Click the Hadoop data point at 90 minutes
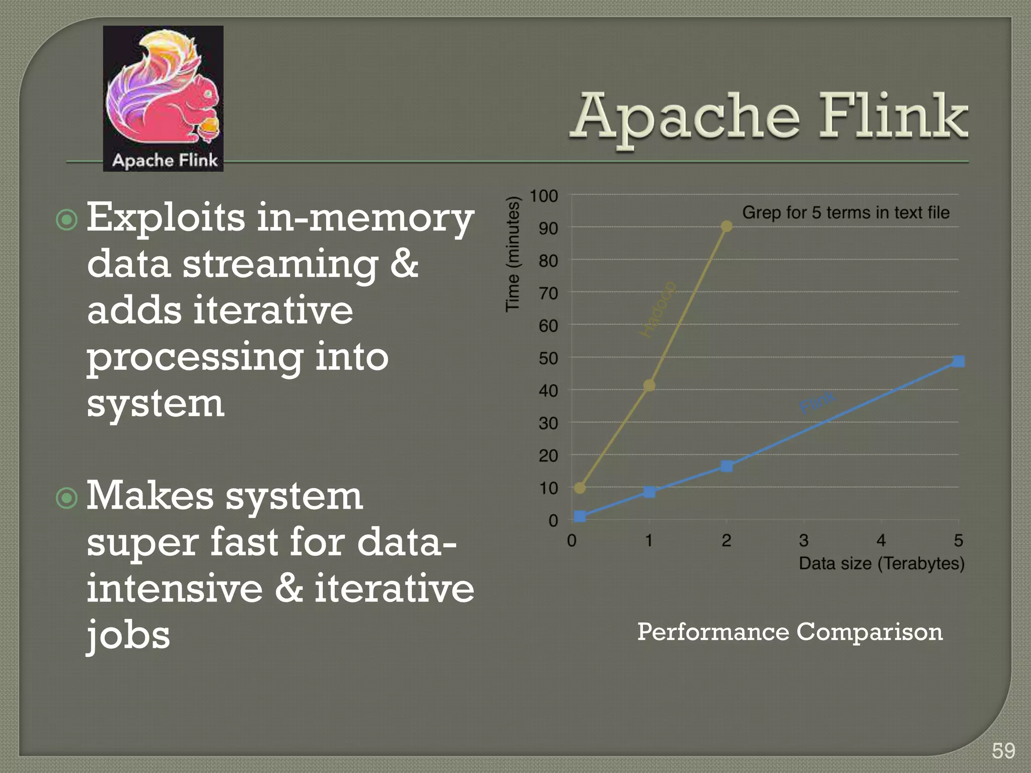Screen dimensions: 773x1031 click(726, 226)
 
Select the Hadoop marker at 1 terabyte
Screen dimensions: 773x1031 click(649, 385)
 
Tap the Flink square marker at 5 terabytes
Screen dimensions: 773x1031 click(959, 361)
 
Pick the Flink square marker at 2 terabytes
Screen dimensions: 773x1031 click(726, 466)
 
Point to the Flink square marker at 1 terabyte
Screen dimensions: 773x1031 click(649, 492)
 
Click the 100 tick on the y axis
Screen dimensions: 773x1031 click(544, 196)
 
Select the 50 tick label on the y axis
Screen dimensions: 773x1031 click(548, 358)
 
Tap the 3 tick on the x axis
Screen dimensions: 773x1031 click(803, 541)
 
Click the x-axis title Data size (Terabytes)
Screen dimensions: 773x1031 click(881, 563)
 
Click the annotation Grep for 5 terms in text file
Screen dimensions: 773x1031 click(846, 212)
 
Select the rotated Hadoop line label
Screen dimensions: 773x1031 click(658, 310)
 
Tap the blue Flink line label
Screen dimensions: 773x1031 click(818, 402)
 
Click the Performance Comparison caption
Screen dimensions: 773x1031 click(789, 632)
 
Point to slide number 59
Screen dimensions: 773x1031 click(1003, 751)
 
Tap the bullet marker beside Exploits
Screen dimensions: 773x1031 click(67, 220)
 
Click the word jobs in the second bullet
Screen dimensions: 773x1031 click(128, 635)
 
